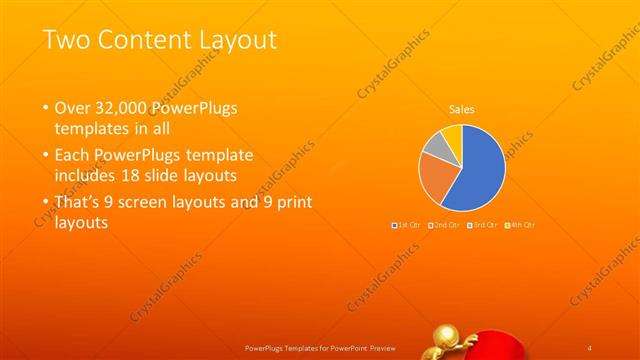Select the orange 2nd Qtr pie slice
click(437, 180)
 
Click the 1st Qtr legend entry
click(407, 225)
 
